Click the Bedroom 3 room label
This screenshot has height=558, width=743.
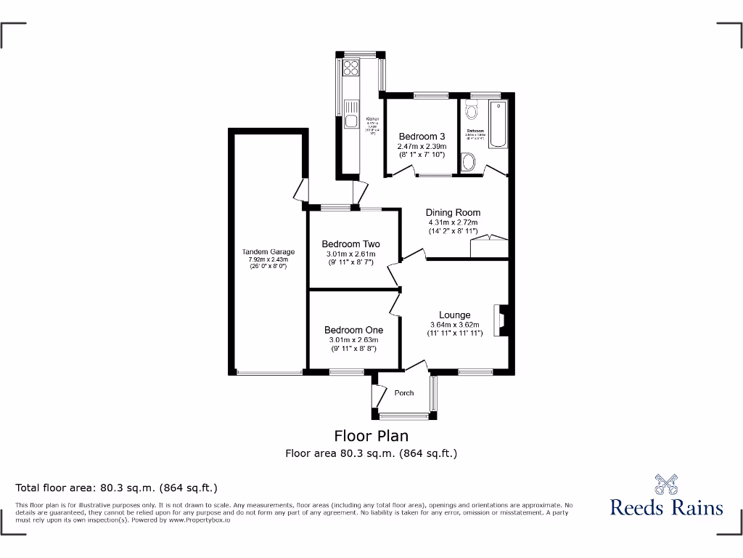(422, 137)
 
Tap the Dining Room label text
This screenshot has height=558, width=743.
(453, 213)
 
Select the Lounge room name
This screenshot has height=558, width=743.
(455, 315)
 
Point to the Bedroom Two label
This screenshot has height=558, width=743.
(350, 244)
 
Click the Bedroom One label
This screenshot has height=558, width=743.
(353, 330)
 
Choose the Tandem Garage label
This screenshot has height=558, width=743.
(268, 252)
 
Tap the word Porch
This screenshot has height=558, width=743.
(404, 393)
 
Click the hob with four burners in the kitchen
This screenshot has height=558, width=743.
(351, 68)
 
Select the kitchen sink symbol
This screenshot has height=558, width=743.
(350, 121)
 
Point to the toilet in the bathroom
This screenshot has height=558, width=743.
(472, 110)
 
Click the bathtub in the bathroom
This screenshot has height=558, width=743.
(499, 125)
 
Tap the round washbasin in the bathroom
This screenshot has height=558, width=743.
(468, 161)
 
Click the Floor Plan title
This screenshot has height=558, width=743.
(371, 436)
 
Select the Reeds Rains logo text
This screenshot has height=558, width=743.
(666, 507)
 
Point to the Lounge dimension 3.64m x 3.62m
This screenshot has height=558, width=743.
(455, 325)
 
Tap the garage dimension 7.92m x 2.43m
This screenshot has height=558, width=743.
(268, 259)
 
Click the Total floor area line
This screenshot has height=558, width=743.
(117, 488)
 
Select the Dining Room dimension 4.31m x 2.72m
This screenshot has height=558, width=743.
(453, 222)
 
